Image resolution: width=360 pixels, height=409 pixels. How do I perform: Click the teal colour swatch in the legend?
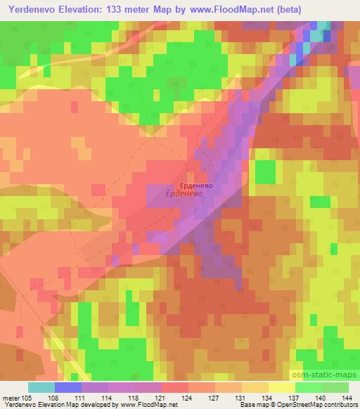(41, 387)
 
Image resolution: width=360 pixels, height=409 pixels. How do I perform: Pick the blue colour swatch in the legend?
(69, 387)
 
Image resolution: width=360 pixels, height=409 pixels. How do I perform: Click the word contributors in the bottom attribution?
(341, 405)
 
